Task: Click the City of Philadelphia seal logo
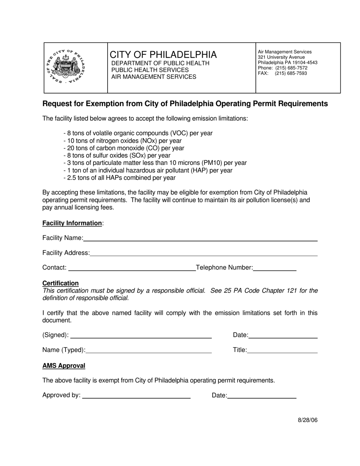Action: [x=65, y=67]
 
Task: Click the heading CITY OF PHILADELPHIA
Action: [x=163, y=55]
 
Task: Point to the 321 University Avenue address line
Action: [x=281, y=57]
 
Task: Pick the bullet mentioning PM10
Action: [x=155, y=163]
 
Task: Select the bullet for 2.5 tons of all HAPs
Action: [x=119, y=178]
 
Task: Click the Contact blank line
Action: [x=131, y=268]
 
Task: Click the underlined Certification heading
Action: [x=61, y=283]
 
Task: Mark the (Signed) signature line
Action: [x=141, y=335]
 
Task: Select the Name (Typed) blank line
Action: [x=149, y=350]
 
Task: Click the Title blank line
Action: [x=282, y=350]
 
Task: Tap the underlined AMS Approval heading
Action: [x=64, y=366]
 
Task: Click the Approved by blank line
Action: [x=136, y=396]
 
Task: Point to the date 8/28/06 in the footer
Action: [x=307, y=420]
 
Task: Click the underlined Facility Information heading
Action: [x=72, y=223]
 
